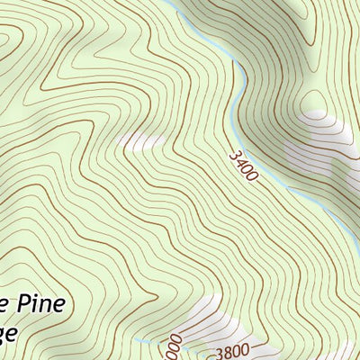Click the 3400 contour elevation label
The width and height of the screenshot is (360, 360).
[243, 166]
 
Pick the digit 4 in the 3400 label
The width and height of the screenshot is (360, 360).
[240, 162]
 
